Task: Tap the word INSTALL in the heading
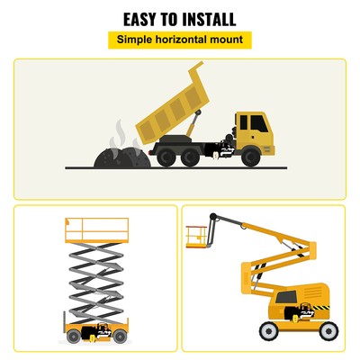click(x=208, y=19)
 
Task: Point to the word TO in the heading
click(x=171, y=19)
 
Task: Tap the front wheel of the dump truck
click(x=252, y=155)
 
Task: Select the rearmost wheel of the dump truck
click(x=166, y=155)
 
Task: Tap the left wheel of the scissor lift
click(x=73, y=337)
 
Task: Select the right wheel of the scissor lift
click(x=120, y=337)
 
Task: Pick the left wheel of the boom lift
click(x=268, y=331)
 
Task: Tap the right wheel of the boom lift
click(x=328, y=331)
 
